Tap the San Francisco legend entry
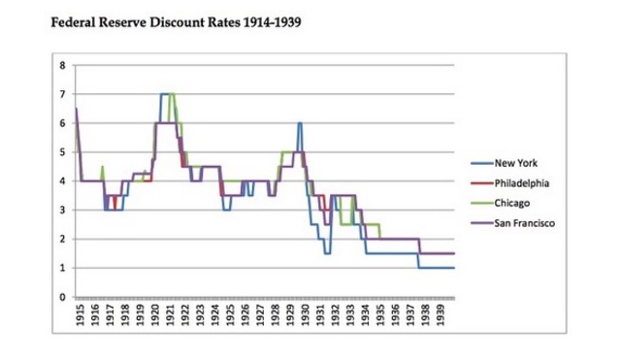[x=525, y=224]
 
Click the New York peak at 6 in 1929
[x=300, y=123]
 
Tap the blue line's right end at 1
[x=453, y=268]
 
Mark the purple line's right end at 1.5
[x=453, y=253]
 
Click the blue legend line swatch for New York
[x=480, y=163]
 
